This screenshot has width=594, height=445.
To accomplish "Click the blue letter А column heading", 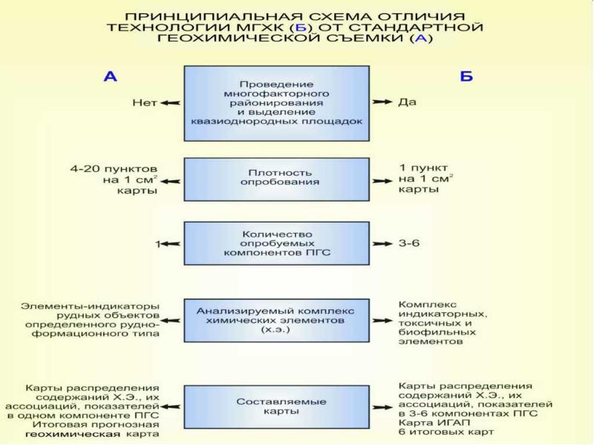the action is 110,76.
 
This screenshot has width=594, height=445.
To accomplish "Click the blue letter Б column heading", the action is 466,76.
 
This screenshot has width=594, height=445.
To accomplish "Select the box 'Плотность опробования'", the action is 276,179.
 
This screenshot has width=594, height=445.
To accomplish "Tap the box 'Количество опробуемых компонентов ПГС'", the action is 276,243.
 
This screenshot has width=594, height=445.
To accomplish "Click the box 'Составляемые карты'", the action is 276,406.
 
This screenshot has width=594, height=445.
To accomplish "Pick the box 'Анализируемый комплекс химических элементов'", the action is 276,320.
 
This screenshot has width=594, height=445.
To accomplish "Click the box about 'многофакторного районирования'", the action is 276,103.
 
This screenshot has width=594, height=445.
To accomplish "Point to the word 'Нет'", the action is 145,103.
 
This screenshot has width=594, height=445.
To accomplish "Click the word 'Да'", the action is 407,102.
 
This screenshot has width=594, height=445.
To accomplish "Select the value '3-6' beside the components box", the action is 409,243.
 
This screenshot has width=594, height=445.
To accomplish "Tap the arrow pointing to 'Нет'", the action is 171,103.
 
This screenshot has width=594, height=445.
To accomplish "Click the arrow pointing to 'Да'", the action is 382,102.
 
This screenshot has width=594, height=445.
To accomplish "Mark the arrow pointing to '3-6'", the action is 382,244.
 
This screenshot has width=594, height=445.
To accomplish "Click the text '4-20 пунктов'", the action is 114,169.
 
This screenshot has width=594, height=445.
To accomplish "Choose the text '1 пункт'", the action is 423,168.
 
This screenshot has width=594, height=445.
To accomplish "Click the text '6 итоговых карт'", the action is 446,432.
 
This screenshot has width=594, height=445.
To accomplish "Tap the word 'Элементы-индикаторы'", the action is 90,306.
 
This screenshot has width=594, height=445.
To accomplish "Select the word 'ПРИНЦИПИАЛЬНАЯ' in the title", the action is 214,16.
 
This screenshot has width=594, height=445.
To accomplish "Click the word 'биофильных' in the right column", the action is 437,332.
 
